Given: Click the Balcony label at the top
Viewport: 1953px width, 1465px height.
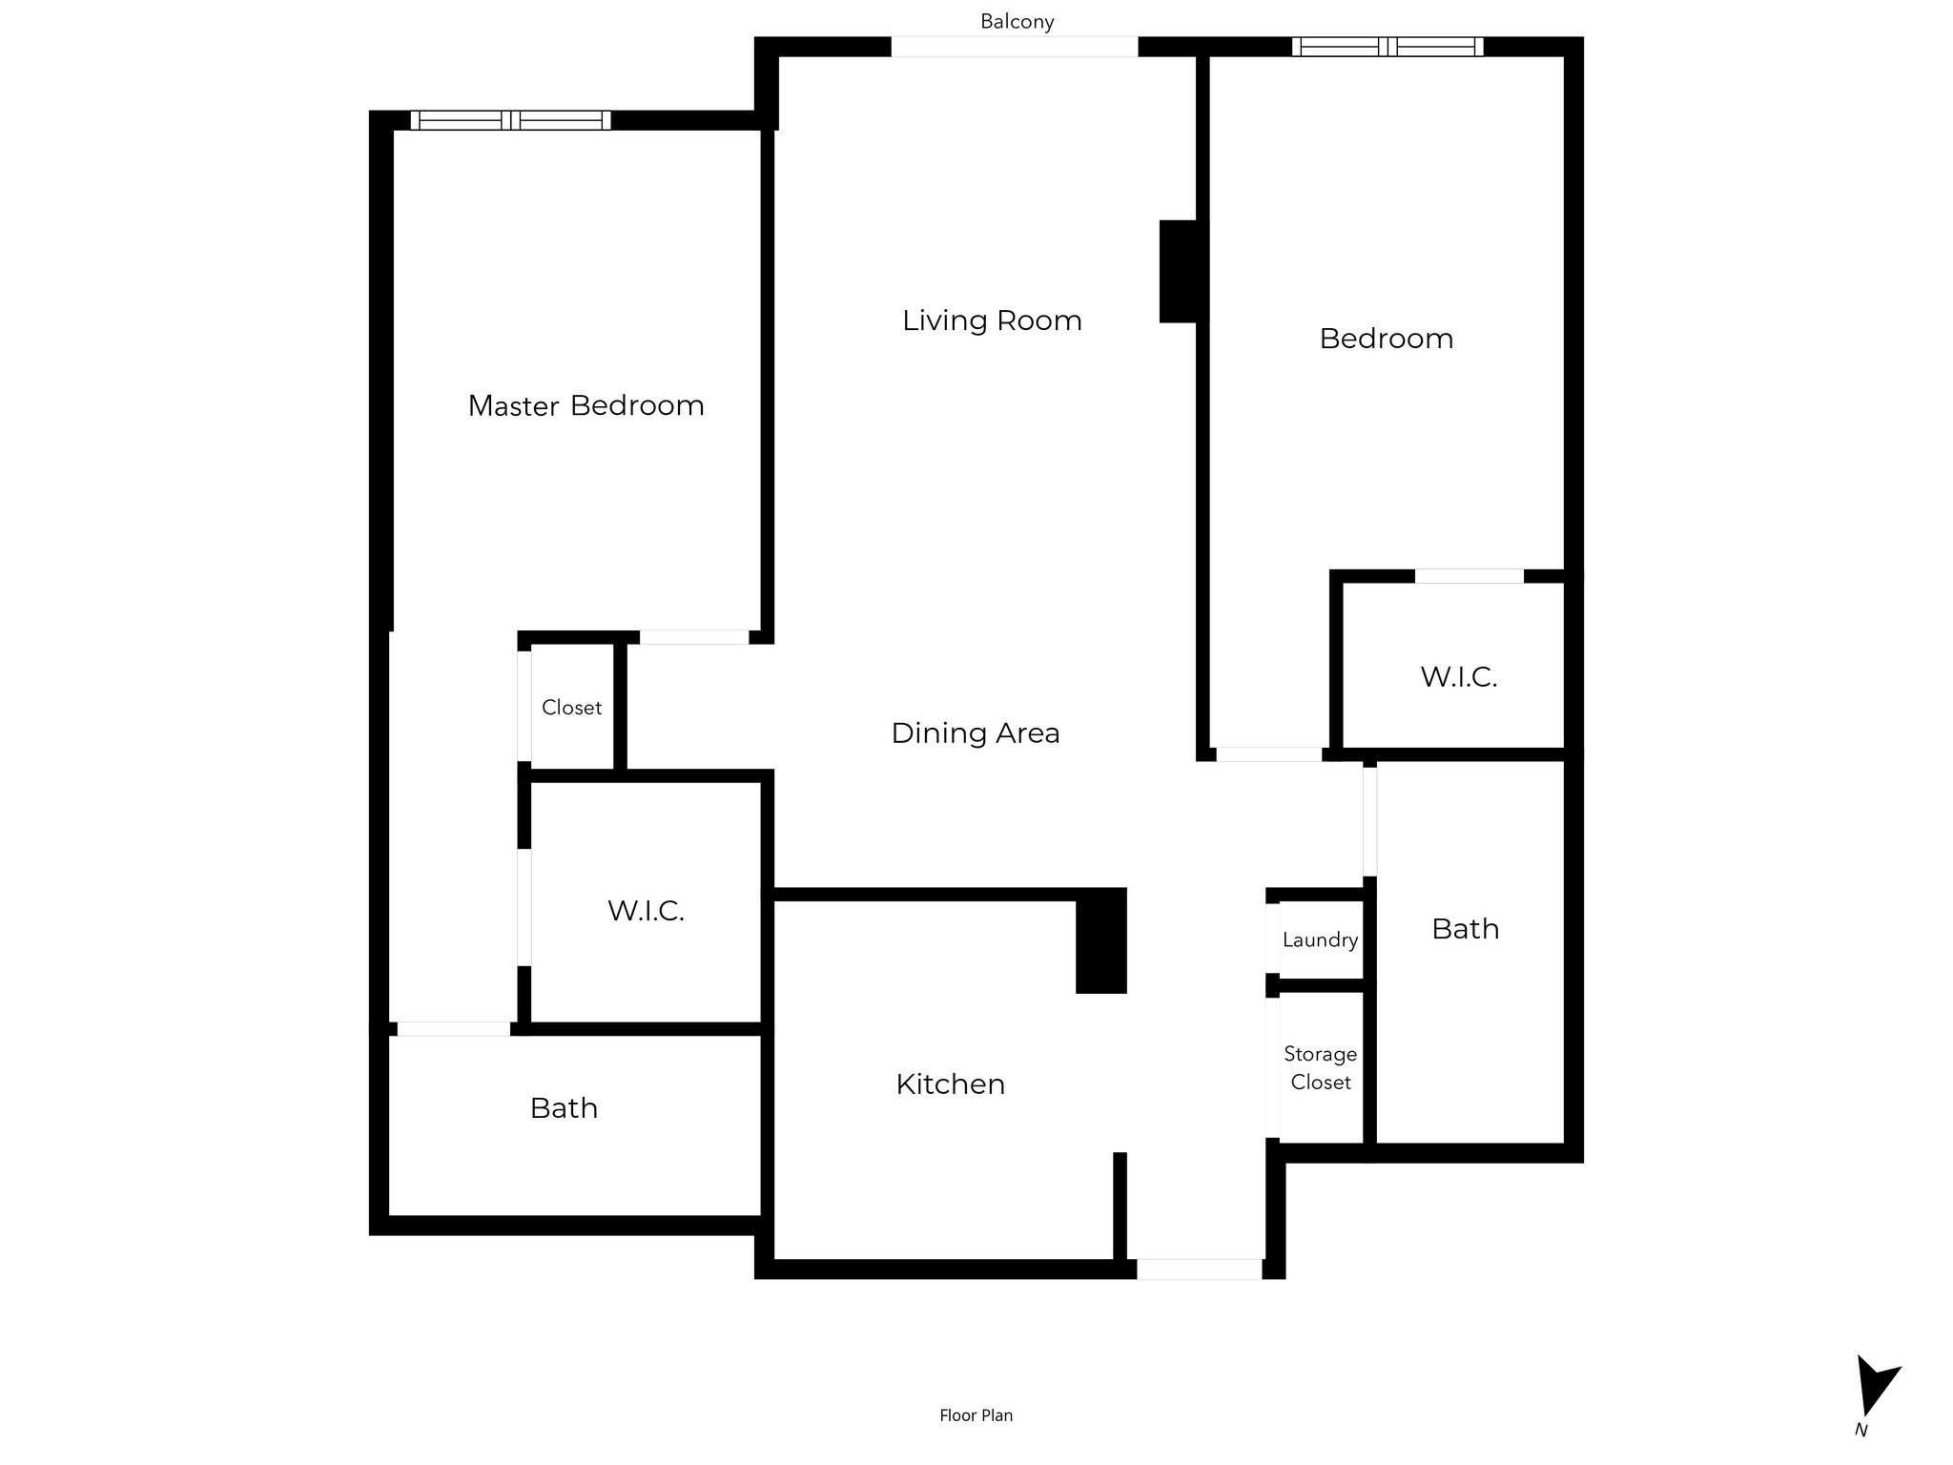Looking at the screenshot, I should click(1017, 22).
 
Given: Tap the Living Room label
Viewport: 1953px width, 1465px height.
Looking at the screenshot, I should click(992, 320).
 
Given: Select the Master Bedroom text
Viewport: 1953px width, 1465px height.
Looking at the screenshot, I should click(586, 406).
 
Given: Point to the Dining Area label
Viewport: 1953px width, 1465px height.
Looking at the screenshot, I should click(975, 733).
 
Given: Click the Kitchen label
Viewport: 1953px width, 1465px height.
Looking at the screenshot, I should click(950, 1084).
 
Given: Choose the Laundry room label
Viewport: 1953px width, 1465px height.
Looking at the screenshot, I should click(1320, 940).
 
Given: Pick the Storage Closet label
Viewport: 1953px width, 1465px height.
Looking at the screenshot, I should click(1320, 1068).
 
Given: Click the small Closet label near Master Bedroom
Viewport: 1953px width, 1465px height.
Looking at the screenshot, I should click(571, 708).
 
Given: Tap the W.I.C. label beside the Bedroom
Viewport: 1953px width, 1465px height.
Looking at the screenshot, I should click(1458, 677).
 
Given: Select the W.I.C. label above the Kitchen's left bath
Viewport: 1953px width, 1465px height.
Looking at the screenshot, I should click(646, 911).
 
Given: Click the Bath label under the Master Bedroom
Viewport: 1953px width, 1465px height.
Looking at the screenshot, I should click(564, 1108).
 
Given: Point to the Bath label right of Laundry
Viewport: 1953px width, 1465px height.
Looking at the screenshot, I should click(1465, 929).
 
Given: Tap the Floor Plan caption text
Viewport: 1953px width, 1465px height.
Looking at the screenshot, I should click(976, 1415).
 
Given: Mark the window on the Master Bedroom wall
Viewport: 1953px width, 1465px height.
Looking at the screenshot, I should click(510, 120).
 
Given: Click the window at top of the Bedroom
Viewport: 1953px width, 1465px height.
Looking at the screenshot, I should click(1388, 47).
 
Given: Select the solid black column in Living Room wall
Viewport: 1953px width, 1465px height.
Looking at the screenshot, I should click(1179, 272).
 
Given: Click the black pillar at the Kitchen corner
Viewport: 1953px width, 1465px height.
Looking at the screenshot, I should click(1100, 941).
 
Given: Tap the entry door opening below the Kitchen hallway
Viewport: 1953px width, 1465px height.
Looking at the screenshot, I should click(1199, 1269).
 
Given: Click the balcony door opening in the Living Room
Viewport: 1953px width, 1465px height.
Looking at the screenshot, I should click(1014, 47).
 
